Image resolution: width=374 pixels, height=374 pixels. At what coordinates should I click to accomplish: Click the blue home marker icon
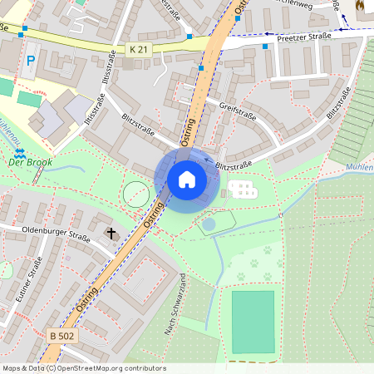[187, 178]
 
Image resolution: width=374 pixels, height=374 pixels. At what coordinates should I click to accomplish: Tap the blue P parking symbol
[31, 61]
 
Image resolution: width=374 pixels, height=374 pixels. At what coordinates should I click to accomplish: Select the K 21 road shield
[139, 50]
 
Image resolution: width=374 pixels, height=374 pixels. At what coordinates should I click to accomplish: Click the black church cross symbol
[111, 234]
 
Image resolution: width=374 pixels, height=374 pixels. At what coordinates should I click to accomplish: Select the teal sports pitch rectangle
[253, 321]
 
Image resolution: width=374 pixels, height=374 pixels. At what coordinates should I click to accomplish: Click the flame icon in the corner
[359, 5]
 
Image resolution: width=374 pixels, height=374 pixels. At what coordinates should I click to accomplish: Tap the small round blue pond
[209, 223]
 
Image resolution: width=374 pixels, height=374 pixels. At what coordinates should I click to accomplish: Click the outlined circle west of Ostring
[135, 195]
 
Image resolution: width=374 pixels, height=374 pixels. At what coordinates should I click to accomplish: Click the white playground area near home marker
[242, 189]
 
